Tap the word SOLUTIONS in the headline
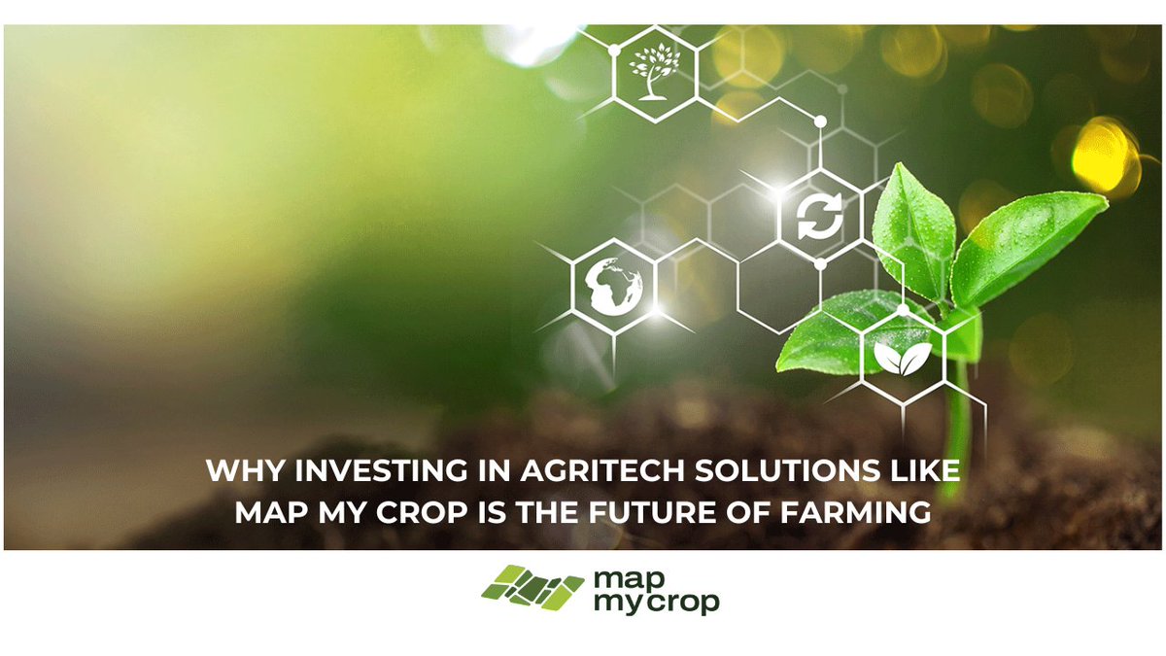[782, 472]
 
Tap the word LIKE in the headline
[921, 472]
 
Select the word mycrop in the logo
[656, 603]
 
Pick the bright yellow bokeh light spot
[1104, 155]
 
